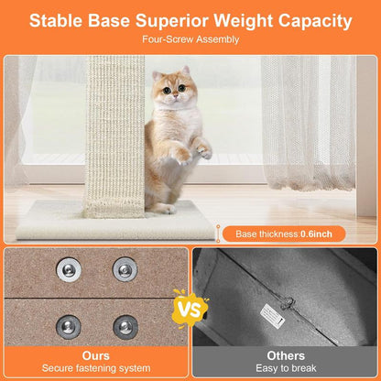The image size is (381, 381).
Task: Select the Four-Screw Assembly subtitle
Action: pyautogui.click(x=190, y=40)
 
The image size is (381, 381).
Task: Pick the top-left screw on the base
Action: pyautogui.click(x=69, y=268)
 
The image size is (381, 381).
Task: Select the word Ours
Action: pyautogui.click(x=95, y=354)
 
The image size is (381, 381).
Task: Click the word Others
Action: pyautogui.click(x=286, y=354)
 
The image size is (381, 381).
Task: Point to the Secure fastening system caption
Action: pyautogui.click(x=95, y=369)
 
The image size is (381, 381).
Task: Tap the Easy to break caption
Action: pyautogui.click(x=286, y=369)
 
